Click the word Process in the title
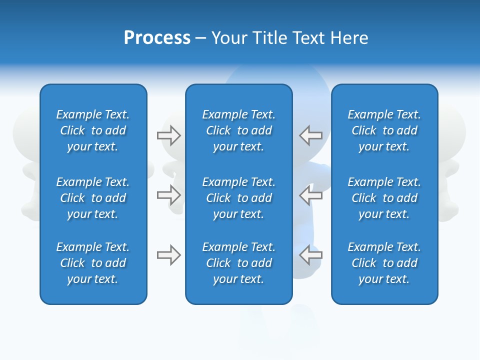(x=157, y=38)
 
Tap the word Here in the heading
(x=349, y=38)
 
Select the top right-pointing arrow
(x=169, y=135)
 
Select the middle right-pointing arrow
(x=169, y=195)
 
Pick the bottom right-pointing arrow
(x=169, y=255)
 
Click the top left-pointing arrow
(x=310, y=135)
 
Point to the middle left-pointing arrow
(x=310, y=195)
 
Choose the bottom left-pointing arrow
(x=310, y=255)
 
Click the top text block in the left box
(x=93, y=130)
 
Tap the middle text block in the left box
(x=93, y=198)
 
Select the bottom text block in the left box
(x=93, y=263)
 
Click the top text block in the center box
(x=238, y=130)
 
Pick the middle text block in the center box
(x=238, y=198)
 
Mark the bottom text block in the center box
(x=238, y=263)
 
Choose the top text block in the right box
(x=384, y=130)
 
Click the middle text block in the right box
(x=384, y=198)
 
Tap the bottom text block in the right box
(x=384, y=263)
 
